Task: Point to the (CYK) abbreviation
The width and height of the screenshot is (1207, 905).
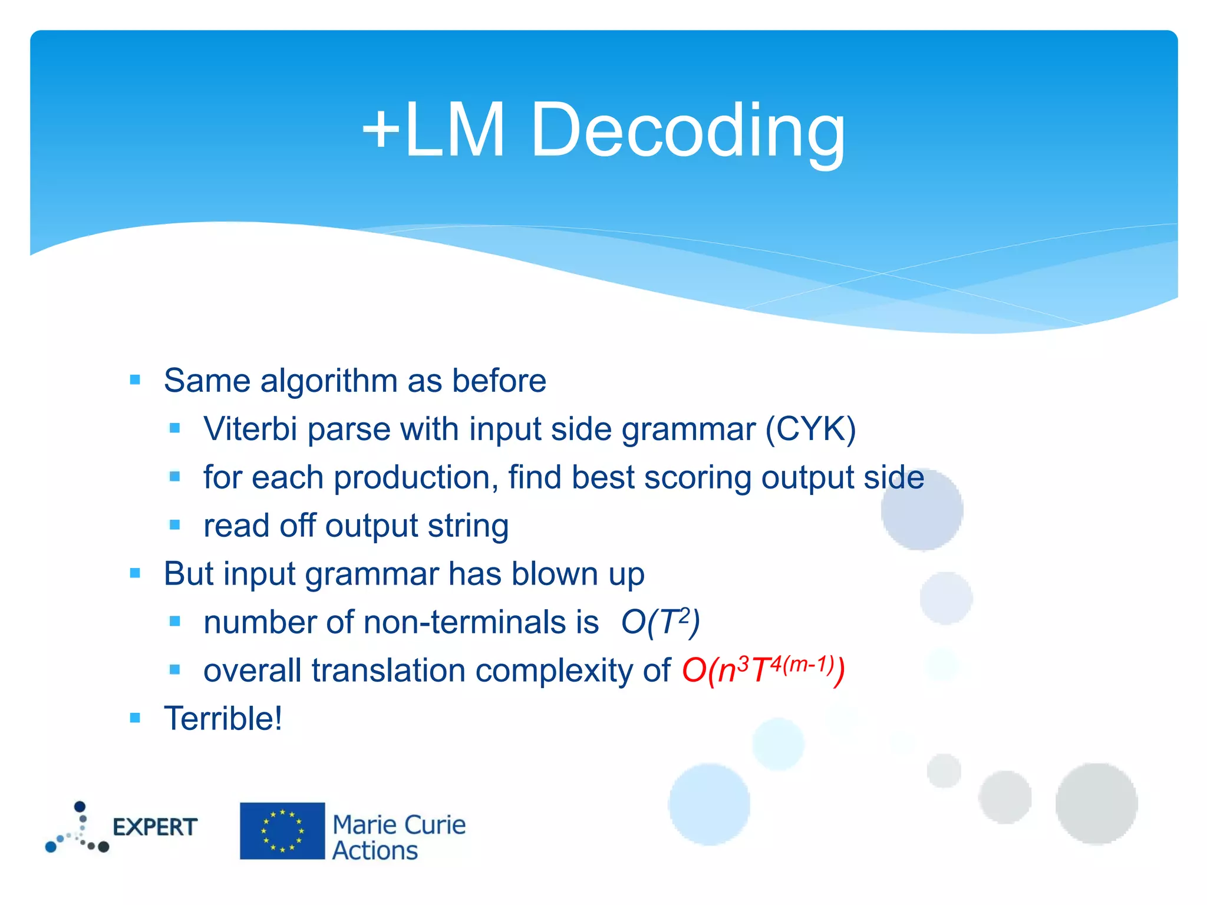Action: click(x=810, y=429)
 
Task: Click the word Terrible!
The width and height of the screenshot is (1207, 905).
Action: click(x=223, y=719)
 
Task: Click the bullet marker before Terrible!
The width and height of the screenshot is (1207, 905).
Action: click(x=135, y=718)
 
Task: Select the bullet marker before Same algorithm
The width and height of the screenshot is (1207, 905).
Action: click(x=135, y=380)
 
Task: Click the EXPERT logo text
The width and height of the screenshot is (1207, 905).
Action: click(x=154, y=827)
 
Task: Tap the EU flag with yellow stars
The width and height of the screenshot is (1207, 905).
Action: click(x=282, y=831)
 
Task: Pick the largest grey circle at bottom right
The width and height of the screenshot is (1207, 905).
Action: click(x=1096, y=804)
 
